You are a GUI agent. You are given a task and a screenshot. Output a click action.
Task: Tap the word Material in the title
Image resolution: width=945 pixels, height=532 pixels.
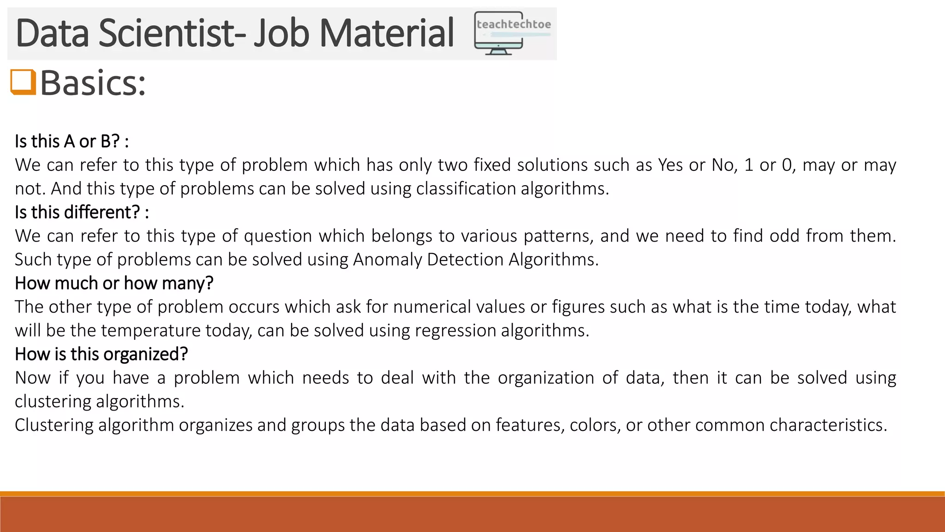tap(387, 33)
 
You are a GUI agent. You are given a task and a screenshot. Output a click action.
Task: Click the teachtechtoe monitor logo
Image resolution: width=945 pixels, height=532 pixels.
tap(512, 33)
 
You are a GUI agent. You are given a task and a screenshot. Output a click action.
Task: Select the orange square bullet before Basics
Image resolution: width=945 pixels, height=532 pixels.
tap(23, 82)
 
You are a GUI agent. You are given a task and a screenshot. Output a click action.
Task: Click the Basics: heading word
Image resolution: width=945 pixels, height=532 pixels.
tap(93, 83)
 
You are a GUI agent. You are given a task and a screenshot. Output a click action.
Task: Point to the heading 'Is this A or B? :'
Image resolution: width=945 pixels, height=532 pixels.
tap(72, 141)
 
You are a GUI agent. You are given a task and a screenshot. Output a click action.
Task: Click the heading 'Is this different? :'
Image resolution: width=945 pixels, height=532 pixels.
tap(82, 212)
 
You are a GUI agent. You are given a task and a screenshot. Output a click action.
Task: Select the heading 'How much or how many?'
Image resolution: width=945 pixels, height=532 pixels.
tap(114, 283)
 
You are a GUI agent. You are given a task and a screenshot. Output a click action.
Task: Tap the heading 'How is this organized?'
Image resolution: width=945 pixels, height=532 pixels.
tap(101, 354)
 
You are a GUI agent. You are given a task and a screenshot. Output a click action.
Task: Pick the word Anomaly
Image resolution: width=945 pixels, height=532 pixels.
tap(387, 260)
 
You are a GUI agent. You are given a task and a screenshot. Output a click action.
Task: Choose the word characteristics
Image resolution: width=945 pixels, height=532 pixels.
tap(828, 425)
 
